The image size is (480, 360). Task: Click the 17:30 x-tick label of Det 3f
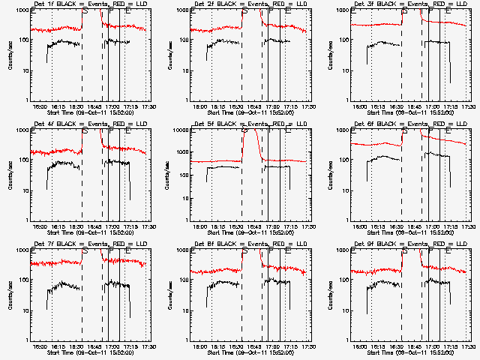pos(468,106)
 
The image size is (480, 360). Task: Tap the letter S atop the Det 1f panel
pos(85,11)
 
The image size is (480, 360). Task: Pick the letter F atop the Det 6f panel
pos(430,131)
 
